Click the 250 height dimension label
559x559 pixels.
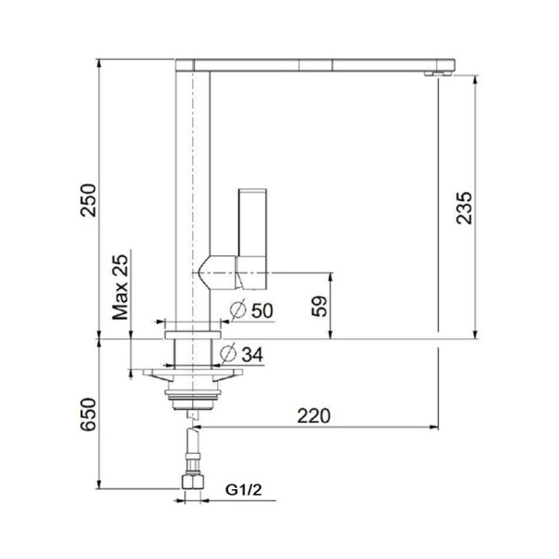pos(87,198)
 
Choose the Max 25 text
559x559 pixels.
pos(120,290)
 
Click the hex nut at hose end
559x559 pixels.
pos(193,481)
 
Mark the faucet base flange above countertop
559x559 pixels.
pos(193,327)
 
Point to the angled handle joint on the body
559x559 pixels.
pos(216,269)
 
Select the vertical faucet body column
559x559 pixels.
pos(193,186)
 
